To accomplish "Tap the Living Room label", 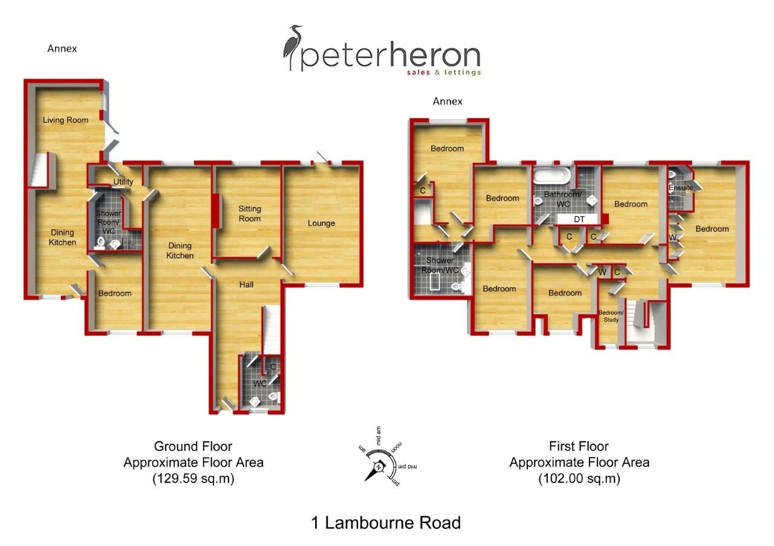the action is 66,120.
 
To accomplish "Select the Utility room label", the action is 123,182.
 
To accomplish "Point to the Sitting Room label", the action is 250,214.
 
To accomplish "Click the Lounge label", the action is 321,223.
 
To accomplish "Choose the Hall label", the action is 246,285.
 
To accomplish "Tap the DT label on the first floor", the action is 579,219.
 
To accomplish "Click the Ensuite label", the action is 681,188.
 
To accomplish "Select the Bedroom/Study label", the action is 611,316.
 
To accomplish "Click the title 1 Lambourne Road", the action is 386,522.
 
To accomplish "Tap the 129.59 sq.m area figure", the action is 193,478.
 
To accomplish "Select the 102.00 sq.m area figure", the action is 579,478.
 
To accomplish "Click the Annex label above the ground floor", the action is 62,48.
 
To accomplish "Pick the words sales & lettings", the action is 444,72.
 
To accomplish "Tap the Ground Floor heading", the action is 193,446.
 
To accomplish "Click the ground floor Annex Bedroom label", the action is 115,294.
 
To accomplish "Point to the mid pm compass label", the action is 408,467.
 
